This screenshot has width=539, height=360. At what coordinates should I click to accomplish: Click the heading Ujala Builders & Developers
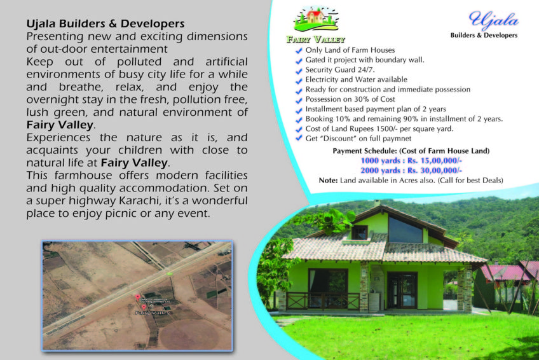pos(106,24)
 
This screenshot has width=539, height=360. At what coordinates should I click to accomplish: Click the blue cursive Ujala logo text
pos(494,19)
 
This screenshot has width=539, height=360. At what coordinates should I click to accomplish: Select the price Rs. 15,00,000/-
pos(435,160)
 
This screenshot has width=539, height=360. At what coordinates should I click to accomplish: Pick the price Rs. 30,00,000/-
pos(435,170)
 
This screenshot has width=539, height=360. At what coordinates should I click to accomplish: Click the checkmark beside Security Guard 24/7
pos(299,71)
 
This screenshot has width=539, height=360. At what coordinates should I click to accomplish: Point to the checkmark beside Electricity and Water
pos(299,80)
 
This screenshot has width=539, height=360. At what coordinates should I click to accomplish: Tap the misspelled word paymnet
pos(397,139)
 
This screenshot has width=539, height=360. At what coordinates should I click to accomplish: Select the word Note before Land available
pos(328,181)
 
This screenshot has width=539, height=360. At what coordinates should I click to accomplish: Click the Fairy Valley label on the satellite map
pos(153,313)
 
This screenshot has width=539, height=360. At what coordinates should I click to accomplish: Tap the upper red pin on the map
pos(138,297)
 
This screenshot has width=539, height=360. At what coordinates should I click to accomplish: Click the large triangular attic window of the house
pos(405,230)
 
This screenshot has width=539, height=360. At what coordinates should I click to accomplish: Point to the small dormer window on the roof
pos(359,232)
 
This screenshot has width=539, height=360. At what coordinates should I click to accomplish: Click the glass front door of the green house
pos(402,290)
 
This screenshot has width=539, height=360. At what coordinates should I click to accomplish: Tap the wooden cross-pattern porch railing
pos(322,301)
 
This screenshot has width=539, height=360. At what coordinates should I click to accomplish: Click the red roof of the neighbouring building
pos(507,271)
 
